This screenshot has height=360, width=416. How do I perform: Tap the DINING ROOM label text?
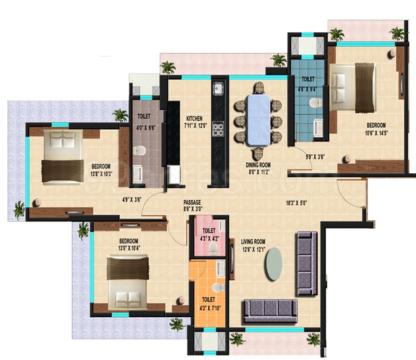pyautogui.click(x=258, y=165)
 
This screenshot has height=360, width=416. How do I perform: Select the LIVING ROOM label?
pyautogui.click(x=253, y=241)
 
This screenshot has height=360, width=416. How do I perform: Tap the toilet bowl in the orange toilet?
pyautogui.click(x=218, y=288)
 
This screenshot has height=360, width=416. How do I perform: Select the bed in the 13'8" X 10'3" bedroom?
pyautogui.click(x=62, y=157)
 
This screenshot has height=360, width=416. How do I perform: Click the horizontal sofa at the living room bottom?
pyautogui.click(x=270, y=310)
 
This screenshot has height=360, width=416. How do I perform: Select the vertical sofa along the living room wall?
pyautogui.click(x=307, y=263)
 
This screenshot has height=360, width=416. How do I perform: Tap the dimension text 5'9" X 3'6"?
pyautogui.click(x=315, y=157)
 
